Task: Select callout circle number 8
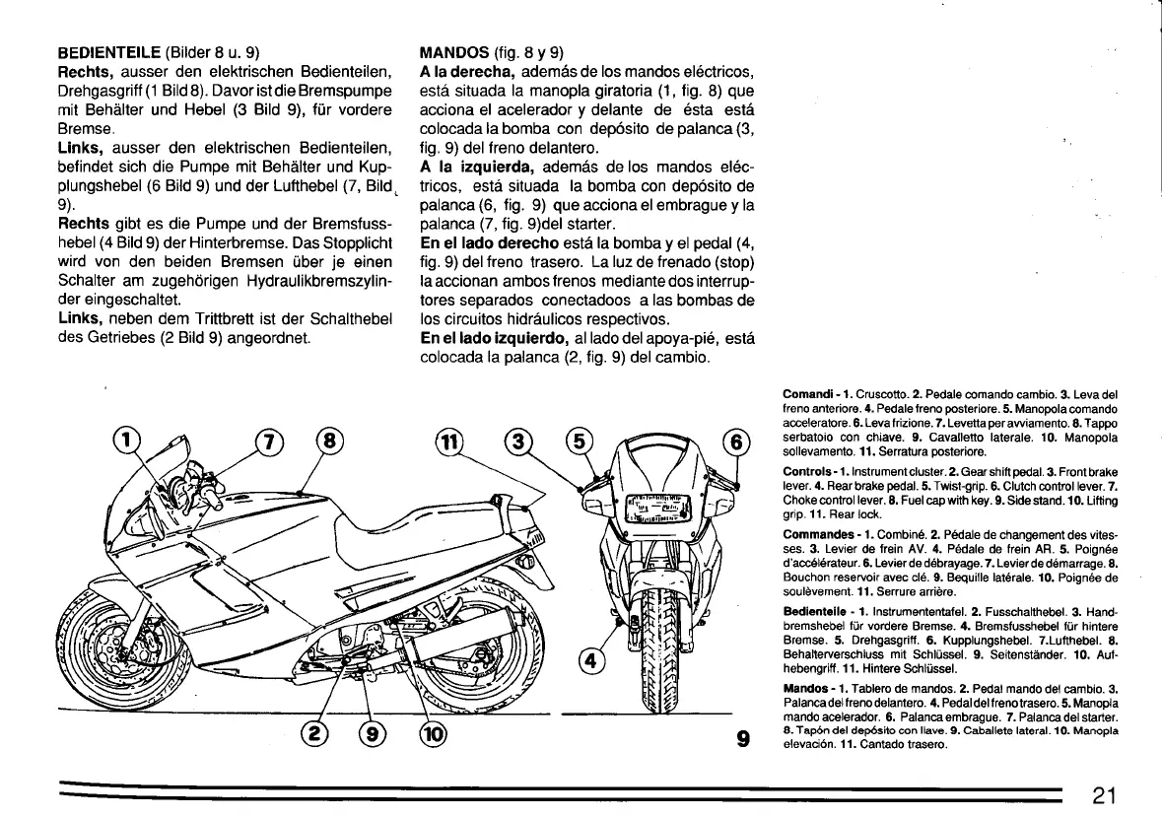[x=329, y=442]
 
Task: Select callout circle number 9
[x=376, y=734]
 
